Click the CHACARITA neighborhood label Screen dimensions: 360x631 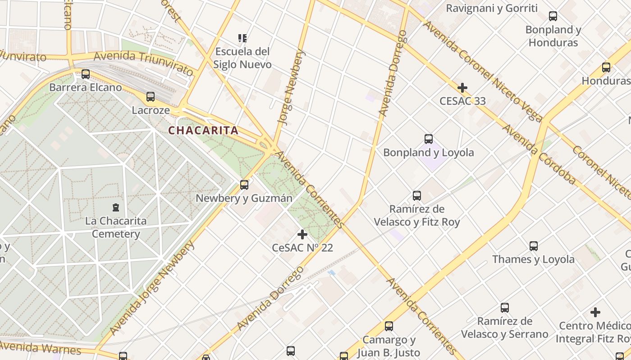pos(203,130)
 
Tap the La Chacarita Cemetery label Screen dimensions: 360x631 pos(116,227)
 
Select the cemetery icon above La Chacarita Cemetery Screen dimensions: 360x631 pos(116,207)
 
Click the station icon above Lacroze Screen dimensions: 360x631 pos(151,97)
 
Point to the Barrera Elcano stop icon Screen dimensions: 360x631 pos(86,74)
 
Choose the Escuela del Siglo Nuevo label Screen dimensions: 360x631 pos(242,58)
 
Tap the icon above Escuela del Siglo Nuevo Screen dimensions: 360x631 pos(242,38)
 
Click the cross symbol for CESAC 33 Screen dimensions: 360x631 pos(462,88)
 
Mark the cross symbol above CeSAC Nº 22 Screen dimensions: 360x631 pos(302,234)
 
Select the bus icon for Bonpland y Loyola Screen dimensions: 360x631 pos(429,139)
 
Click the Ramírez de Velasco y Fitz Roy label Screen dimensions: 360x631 pos(417,216)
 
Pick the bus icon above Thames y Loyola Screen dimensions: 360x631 pos(534,246)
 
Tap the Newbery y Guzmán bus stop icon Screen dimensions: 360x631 pos(244,185)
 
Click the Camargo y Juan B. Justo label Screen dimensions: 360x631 pos(389,346)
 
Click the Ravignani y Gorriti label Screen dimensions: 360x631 pos(492,8)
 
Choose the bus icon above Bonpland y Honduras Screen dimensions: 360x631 pos(553,17)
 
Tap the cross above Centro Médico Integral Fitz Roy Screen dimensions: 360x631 pos(595,312)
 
